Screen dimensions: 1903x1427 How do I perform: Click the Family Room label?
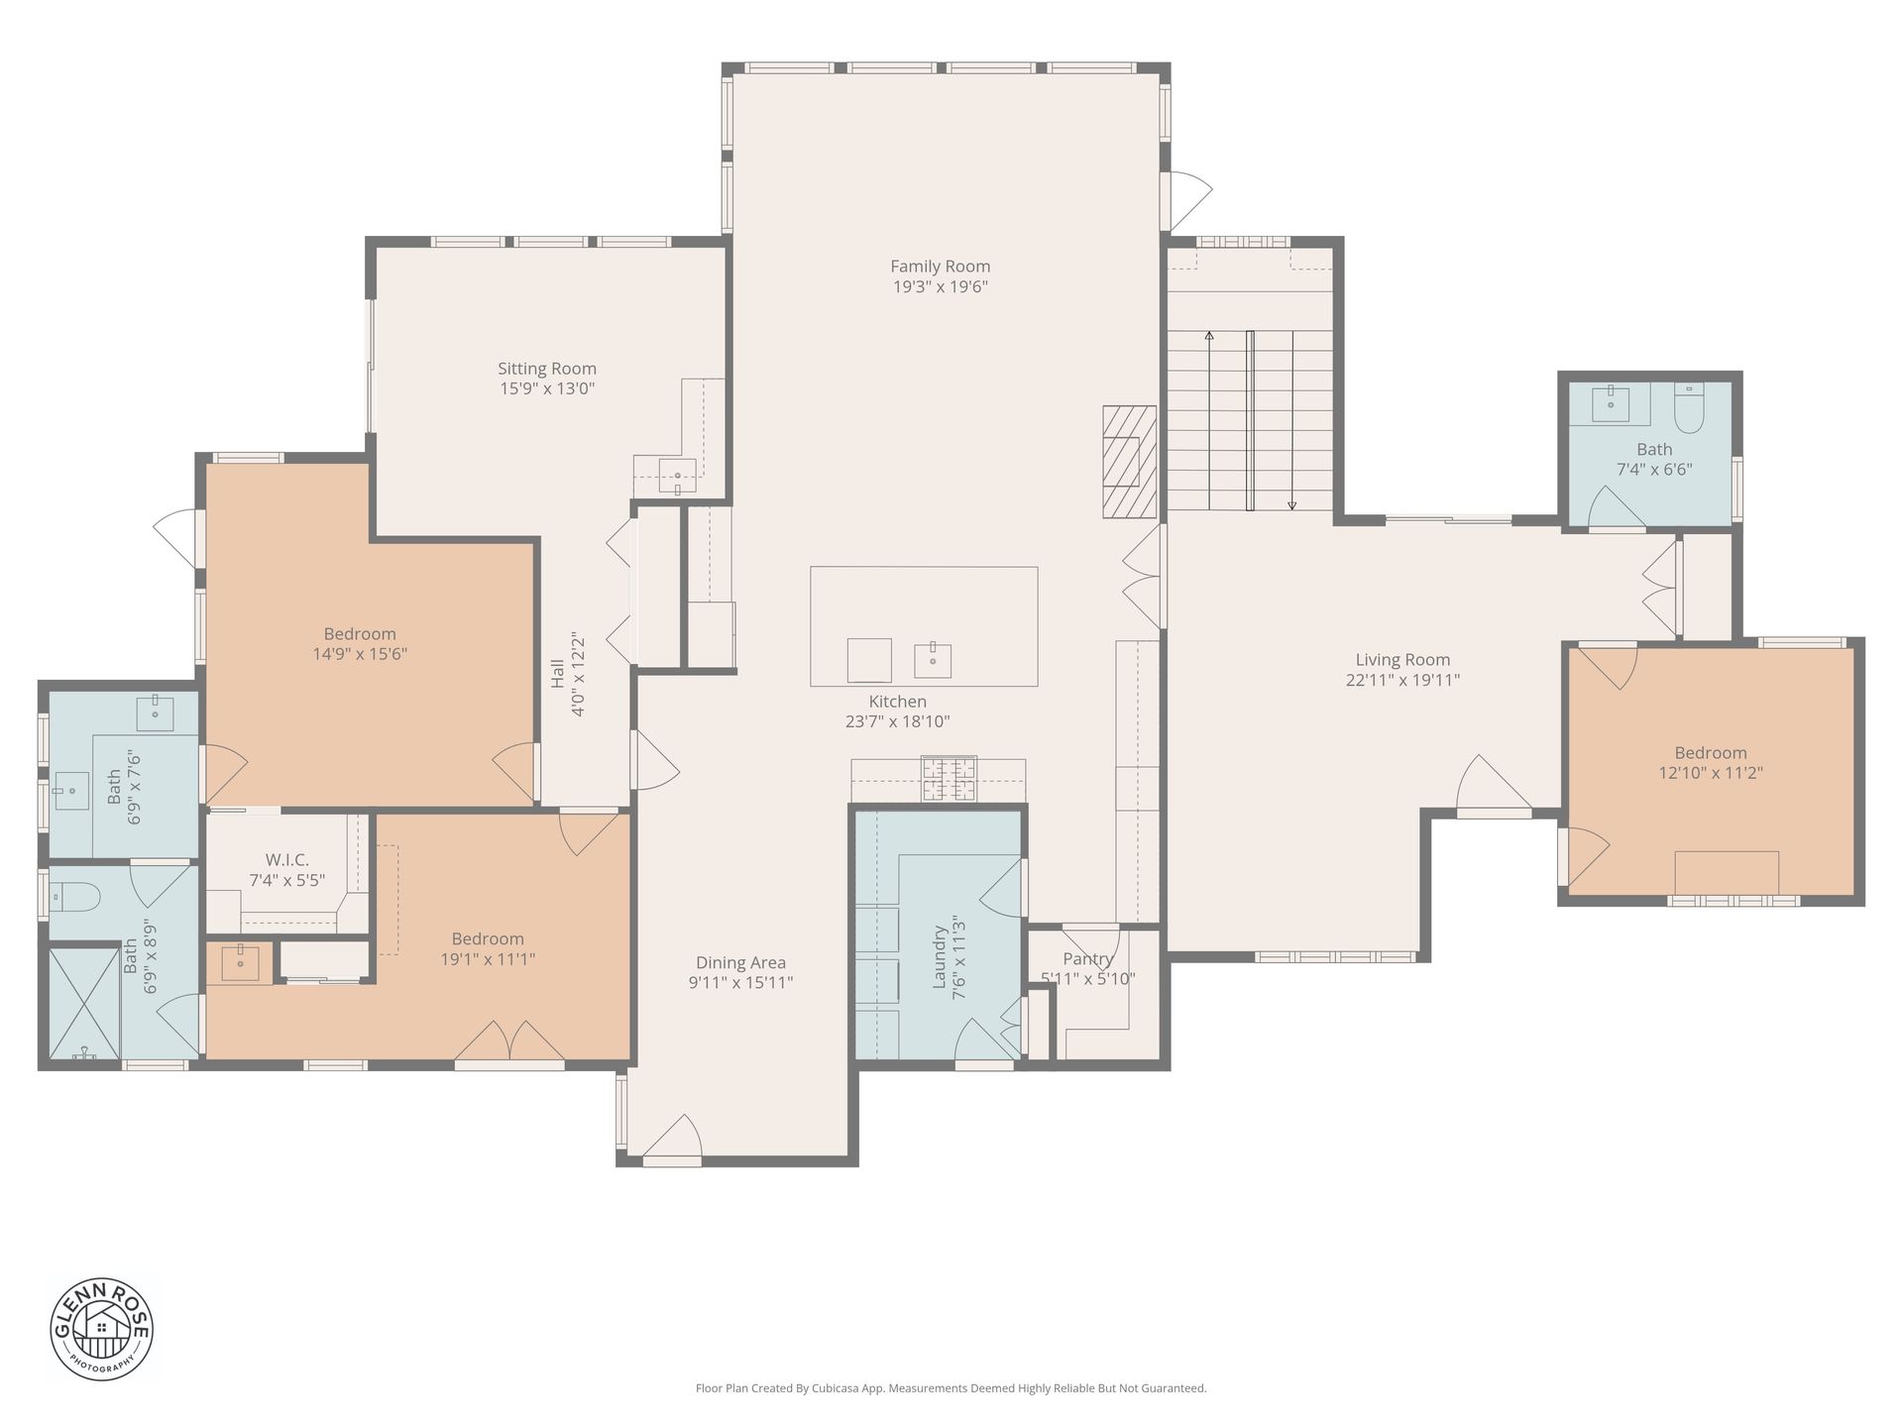[x=940, y=266]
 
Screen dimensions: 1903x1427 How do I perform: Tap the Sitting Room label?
[x=547, y=369]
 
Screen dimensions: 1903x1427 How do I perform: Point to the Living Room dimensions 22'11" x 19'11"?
[x=1402, y=680]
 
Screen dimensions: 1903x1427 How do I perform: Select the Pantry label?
[x=1088, y=958]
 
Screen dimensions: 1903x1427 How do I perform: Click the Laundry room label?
[x=940, y=957]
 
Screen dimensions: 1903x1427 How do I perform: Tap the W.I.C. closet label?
[x=286, y=859]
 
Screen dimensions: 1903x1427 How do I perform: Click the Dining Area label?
[x=740, y=962]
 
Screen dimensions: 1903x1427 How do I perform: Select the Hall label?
[x=558, y=674]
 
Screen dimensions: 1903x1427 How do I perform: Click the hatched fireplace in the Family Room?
[x=1130, y=462]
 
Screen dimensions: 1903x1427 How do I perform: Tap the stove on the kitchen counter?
[x=949, y=778]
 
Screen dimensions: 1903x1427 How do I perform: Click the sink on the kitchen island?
[x=933, y=660]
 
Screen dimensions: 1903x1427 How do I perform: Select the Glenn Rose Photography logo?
[x=101, y=1329]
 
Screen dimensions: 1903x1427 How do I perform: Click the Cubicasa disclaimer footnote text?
[x=951, y=1388]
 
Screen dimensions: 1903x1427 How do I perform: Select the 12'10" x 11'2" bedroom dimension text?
[x=1711, y=773]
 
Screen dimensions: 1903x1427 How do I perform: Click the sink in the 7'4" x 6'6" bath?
[x=1611, y=403]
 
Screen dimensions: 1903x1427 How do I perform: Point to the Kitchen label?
[x=898, y=702]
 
